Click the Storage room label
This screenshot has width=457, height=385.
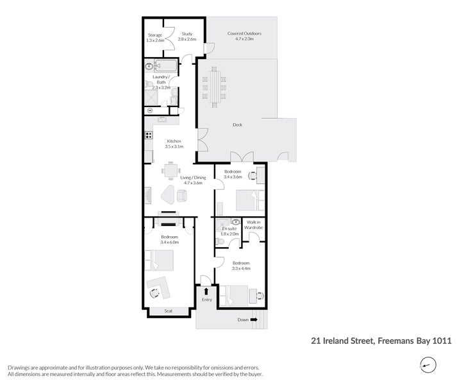pyautogui.click(x=155, y=35)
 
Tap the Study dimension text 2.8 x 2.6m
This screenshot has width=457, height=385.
pyautogui.click(x=187, y=40)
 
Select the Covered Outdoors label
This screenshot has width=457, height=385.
pyautogui.click(x=244, y=33)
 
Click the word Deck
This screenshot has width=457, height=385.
pyautogui.click(x=237, y=126)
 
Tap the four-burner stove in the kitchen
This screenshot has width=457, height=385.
pyautogui.click(x=149, y=135)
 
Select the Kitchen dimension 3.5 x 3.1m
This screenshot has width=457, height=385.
pyautogui.click(x=174, y=147)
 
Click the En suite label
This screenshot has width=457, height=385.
pyautogui.click(x=229, y=228)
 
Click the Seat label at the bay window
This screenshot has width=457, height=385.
pyautogui.click(x=169, y=311)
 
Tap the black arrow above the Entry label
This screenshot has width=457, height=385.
pyautogui.click(x=206, y=291)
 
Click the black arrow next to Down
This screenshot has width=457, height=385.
pyautogui.click(x=253, y=320)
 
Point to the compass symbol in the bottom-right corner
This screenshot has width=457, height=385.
pyautogui.click(x=426, y=365)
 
